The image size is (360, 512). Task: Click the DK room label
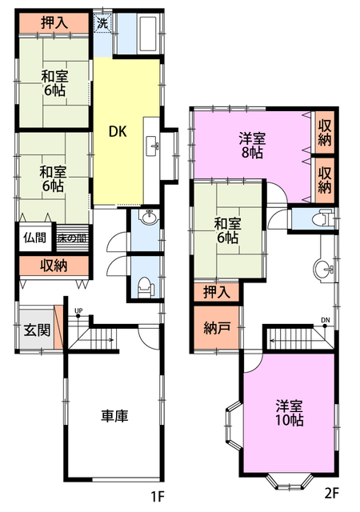(118, 131)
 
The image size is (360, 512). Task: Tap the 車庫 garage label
(114, 416)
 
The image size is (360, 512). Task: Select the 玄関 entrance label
(38, 330)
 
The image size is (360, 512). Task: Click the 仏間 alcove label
(34, 238)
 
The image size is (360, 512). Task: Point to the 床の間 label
(73, 238)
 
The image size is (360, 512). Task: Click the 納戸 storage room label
(217, 327)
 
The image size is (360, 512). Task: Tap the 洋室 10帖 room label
(290, 413)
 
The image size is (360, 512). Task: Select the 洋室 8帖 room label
(252, 146)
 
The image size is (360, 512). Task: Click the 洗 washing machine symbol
(102, 23)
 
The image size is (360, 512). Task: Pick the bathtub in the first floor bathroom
(148, 34)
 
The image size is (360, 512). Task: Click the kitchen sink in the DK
(153, 146)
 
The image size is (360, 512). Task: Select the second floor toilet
(322, 217)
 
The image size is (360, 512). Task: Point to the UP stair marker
(78, 313)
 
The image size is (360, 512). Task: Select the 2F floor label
(332, 493)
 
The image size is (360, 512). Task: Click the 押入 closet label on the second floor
(217, 291)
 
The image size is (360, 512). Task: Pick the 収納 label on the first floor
(54, 266)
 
